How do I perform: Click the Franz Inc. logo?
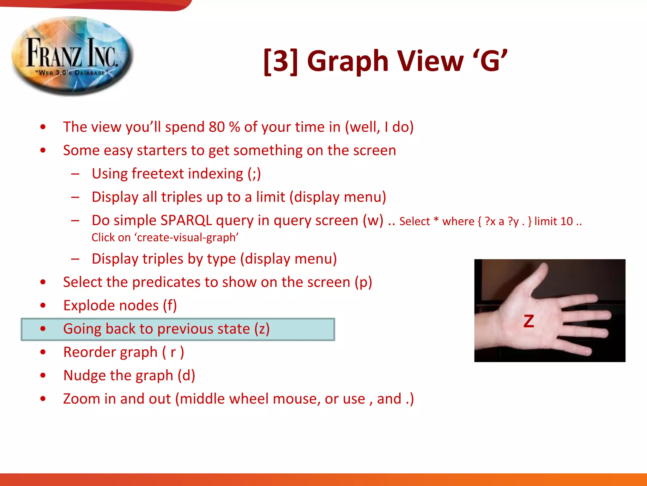tap(72, 56)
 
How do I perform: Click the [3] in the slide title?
tap(281, 61)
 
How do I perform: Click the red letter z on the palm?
tap(529, 321)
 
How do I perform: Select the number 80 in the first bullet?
tap(217, 127)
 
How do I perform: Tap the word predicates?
tap(166, 282)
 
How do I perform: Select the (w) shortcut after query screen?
tap(373, 220)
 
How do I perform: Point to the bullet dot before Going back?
tap(43, 329)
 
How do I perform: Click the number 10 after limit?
tap(566, 221)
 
